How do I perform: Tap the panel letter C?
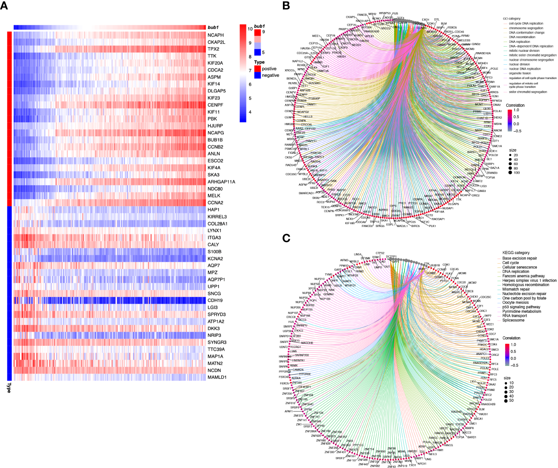286,238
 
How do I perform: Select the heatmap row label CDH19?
215,301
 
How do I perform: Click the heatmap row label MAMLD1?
217,377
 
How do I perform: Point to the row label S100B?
214,252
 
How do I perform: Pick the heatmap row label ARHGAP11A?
221,182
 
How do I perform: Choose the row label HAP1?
214,210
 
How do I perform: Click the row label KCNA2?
215,259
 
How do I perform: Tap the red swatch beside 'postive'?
257,69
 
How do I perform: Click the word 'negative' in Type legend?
270,76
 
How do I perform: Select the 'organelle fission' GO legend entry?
519,74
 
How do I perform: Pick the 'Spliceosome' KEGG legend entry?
513,320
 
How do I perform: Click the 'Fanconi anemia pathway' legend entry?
523,276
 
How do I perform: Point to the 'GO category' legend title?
512,19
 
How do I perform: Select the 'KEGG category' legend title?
516,253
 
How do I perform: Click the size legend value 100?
517,173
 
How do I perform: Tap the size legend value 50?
511,401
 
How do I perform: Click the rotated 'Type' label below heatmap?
9,387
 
